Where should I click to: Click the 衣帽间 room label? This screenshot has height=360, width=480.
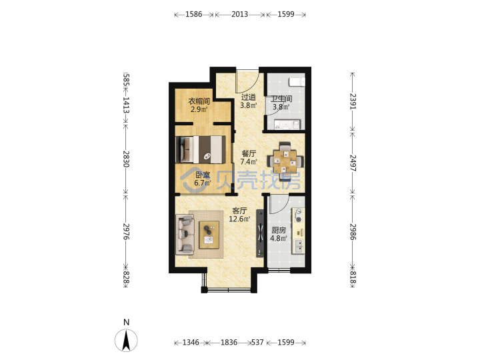199,101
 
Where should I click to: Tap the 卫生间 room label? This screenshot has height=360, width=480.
281,99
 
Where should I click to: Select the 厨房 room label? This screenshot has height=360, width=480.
279,230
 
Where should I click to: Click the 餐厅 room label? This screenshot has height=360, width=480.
249,153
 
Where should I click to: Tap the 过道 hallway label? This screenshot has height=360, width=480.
248,97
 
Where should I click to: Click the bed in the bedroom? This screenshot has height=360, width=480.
201,149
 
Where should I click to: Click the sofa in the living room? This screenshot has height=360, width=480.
185,235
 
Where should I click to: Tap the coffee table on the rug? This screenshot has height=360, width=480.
209,235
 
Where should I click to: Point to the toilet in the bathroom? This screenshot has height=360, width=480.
297,82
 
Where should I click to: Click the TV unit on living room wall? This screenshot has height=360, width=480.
260,233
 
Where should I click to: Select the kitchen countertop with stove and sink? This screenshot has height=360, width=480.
298,231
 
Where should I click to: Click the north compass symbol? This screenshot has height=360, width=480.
126,340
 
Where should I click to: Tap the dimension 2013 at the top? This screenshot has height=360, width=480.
240,14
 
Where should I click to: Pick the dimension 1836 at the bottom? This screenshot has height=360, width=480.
229,342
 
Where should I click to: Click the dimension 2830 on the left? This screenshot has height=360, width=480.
126,159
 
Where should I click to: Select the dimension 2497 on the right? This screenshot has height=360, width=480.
353,163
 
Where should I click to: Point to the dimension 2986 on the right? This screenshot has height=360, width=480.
353,232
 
